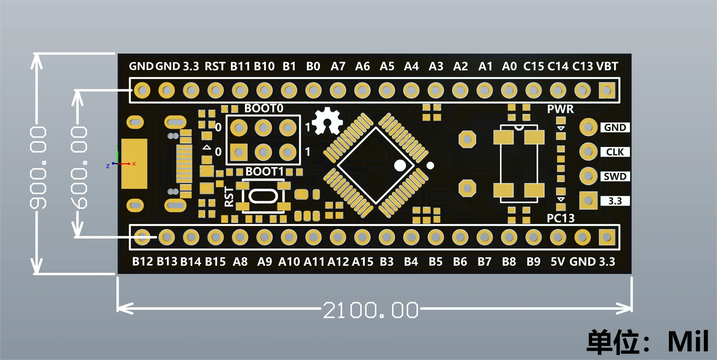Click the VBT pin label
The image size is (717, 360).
[607, 66]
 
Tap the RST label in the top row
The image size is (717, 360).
[215, 66]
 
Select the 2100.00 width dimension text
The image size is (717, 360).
[370, 310]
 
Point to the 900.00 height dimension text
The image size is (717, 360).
[38, 168]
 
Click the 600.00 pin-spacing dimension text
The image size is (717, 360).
[79, 168]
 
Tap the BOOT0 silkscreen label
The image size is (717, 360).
[264, 108]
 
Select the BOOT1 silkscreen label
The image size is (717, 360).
[264, 172]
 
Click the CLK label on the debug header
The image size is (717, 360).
[615, 152]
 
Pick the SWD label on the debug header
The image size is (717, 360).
[615, 177]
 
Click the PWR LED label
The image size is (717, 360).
[560, 109]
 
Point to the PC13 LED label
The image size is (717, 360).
[561, 218]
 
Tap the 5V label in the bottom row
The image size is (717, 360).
[558, 262]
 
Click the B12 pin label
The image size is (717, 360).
[142, 262]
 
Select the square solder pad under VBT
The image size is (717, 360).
[607, 91]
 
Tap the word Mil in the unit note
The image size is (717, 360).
[688, 341]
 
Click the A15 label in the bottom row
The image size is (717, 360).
[362, 262]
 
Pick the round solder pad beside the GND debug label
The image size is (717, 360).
[588, 127]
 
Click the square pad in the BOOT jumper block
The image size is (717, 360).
[239, 152]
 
